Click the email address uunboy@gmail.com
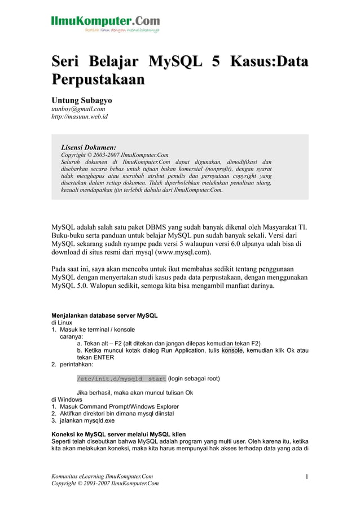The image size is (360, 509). pos(78,109)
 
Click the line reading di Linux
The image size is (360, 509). pos(62,322)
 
